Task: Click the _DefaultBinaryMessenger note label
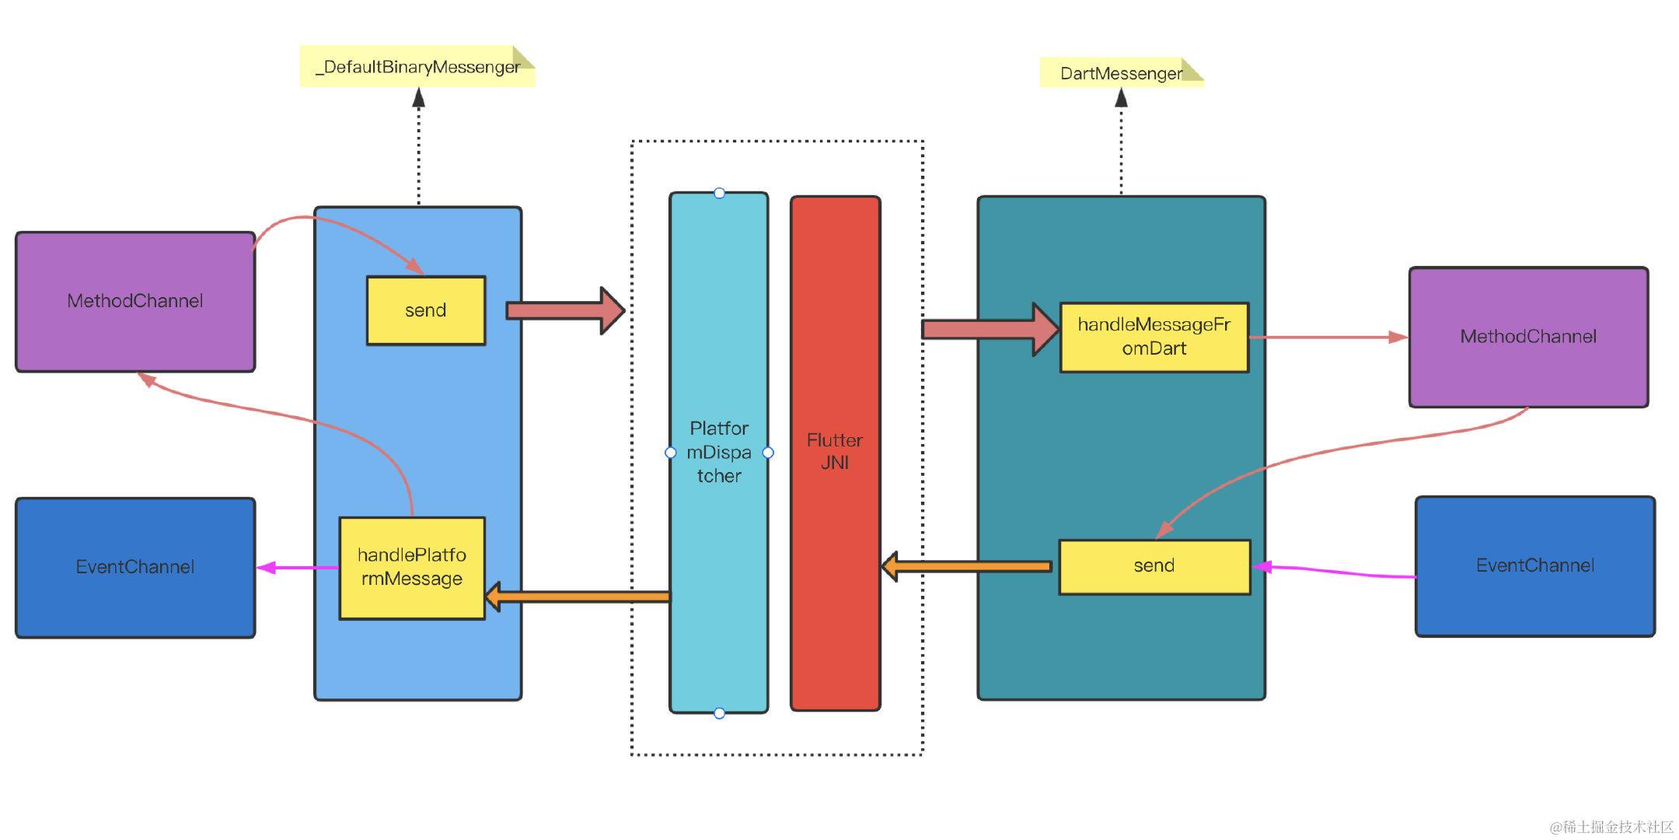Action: [x=417, y=67]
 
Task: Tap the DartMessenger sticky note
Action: [x=1120, y=73]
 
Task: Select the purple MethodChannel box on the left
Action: [x=135, y=302]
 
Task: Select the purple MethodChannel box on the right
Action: [x=1528, y=337]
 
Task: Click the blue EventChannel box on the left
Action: [x=135, y=567]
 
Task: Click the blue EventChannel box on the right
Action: [x=1534, y=566]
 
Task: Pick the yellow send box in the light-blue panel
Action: [x=425, y=310]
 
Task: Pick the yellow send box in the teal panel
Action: [x=1154, y=566]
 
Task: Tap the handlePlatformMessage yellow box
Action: [x=411, y=567]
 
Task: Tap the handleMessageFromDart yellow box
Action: [x=1154, y=337]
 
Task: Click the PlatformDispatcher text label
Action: [x=719, y=452]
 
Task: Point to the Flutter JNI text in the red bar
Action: [x=835, y=452]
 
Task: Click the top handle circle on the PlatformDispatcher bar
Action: [x=719, y=193]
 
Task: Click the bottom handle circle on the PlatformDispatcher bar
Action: [x=719, y=713]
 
